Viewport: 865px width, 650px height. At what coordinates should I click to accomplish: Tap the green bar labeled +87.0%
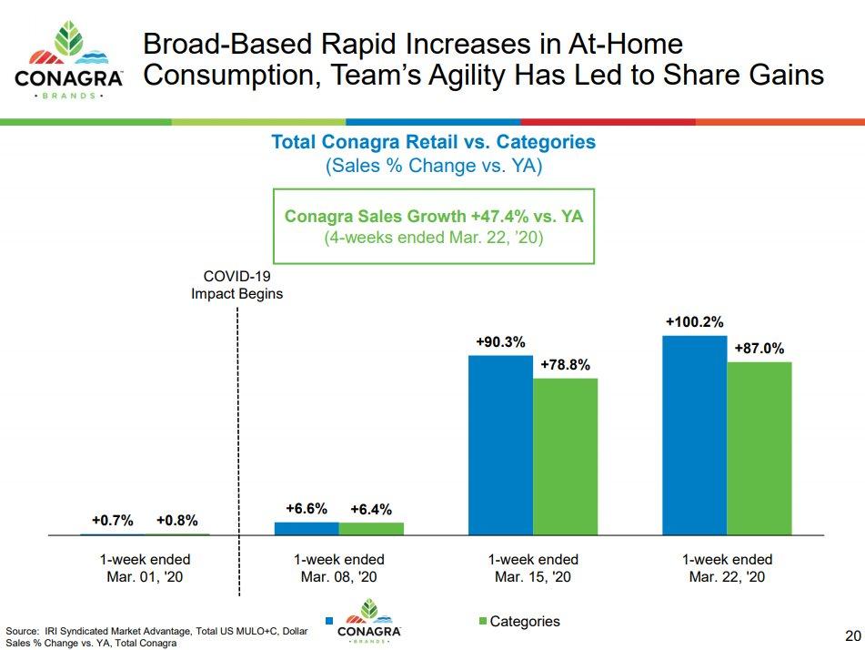[759, 448]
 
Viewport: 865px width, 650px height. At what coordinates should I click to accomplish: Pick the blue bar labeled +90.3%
[500, 444]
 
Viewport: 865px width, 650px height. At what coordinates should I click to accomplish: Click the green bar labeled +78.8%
[565, 456]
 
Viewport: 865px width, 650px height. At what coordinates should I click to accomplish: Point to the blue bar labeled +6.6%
[307, 528]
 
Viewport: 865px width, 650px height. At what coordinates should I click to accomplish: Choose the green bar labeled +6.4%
[371, 528]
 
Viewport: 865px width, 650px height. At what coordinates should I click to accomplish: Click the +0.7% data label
[113, 521]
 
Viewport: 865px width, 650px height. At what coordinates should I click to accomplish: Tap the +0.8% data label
[176, 521]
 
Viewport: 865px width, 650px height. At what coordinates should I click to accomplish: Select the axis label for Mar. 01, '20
[146, 568]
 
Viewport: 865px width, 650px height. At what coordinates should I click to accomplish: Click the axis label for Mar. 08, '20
[339, 568]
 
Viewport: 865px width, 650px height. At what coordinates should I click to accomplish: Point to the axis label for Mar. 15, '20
[533, 568]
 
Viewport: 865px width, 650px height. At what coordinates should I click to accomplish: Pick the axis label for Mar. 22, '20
[727, 568]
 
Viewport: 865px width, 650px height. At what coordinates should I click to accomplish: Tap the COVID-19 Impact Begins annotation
[236, 285]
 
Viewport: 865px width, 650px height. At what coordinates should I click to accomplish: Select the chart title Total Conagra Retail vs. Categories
[434, 142]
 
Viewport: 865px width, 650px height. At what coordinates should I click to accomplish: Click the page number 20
[851, 635]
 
